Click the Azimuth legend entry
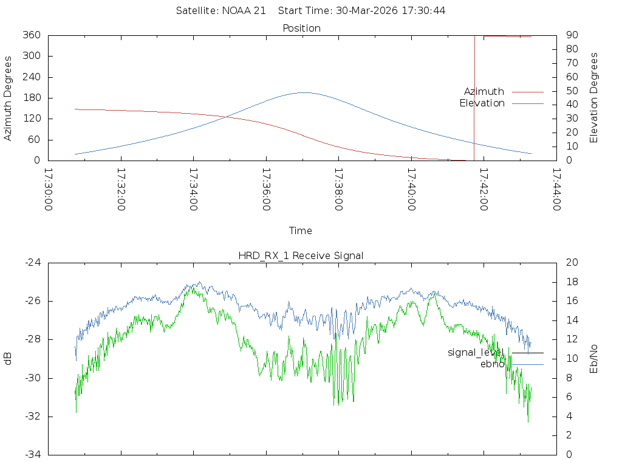[484, 91]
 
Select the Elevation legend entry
[482, 103]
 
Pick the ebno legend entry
[492, 364]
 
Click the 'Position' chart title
[301, 28]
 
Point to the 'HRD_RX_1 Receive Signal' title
[301, 255]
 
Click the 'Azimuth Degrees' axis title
[8, 98]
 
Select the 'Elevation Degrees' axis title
[594, 98]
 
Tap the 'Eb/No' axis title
[594, 358]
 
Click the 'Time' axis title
[301, 230]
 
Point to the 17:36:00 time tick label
[265, 190]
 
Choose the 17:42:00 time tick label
[483, 190]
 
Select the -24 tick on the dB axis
[33, 263]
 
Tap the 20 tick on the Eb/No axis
[572, 263]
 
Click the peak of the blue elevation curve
[302, 92]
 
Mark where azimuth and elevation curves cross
[228, 116]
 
